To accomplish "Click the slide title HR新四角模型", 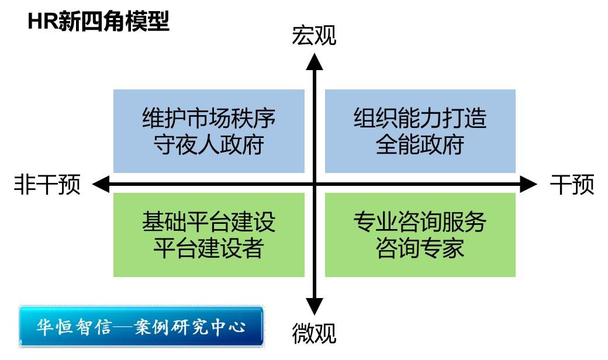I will (x=98, y=22).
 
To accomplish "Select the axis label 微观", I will (x=315, y=334).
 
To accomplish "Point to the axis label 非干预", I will (x=47, y=185).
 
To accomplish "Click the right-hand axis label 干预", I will (x=572, y=185).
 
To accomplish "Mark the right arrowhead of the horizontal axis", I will (x=528, y=185).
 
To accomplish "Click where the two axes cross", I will (x=315, y=185).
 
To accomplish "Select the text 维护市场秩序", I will (x=209, y=119).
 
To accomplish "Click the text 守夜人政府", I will (x=209, y=144).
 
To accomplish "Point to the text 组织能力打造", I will (x=420, y=119).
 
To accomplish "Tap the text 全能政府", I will (x=420, y=144).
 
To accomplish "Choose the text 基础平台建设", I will (x=209, y=221).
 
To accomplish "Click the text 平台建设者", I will (x=209, y=248).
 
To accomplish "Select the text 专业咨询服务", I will (x=420, y=221).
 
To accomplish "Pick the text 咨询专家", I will (x=420, y=248).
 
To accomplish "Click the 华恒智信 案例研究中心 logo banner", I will (x=141, y=326).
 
